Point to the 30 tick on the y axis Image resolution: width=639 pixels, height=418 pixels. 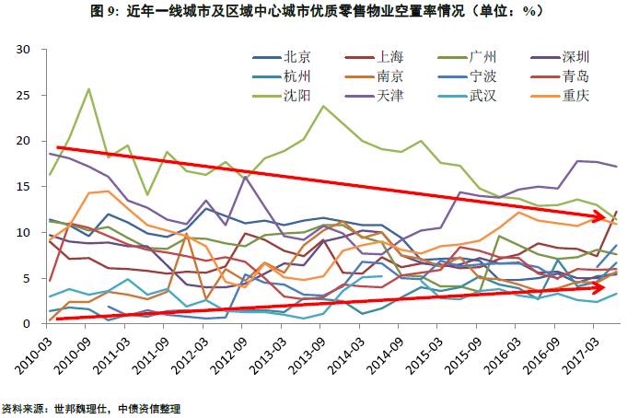(x=24, y=49)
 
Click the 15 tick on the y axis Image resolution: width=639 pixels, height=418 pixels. (x=24, y=187)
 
